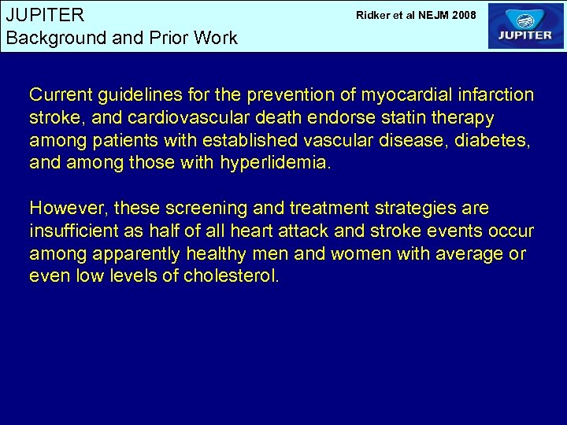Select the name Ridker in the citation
(x=374, y=15)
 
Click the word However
(x=69, y=209)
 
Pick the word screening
(x=196, y=209)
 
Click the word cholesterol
(x=232, y=277)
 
